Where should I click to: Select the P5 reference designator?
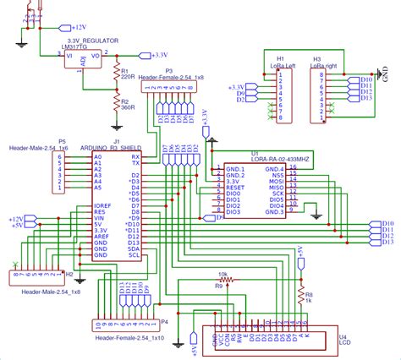[x=62, y=142]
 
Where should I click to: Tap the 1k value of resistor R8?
[x=309, y=301]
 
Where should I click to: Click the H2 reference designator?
[x=69, y=275]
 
